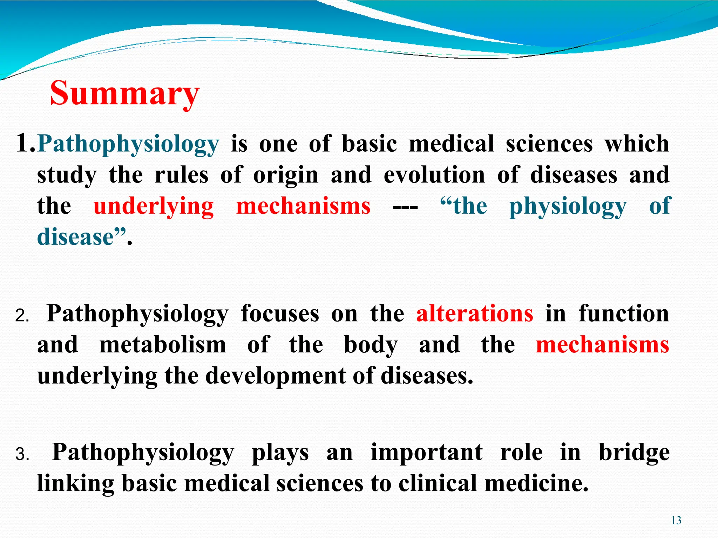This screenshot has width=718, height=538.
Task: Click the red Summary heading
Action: pyautogui.click(x=124, y=93)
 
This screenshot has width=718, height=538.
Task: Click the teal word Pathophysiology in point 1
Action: pyautogui.click(x=128, y=144)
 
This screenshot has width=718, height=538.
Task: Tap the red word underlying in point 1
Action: pyautogui.click(x=154, y=206)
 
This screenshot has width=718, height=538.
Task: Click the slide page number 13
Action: pyautogui.click(x=676, y=520)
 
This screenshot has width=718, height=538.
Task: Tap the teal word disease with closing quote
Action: pyautogui.click(x=81, y=237)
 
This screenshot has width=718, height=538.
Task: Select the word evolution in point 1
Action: pyautogui.click(x=434, y=175)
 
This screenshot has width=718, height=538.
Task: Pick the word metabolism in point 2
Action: pyautogui.click(x=163, y=345)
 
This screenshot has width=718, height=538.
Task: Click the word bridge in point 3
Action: pyautogui.click(x=634, y=453)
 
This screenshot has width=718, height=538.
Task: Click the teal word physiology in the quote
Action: pyautogui.click(x=568, y=207)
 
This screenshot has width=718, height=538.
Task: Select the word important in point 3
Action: pyautogui.click(x=427, y=453)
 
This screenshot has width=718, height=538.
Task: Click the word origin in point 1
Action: pyautogui.click(x=286, y=175)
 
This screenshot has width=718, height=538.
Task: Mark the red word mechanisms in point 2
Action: pyautogui.click(x=602, y=345)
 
